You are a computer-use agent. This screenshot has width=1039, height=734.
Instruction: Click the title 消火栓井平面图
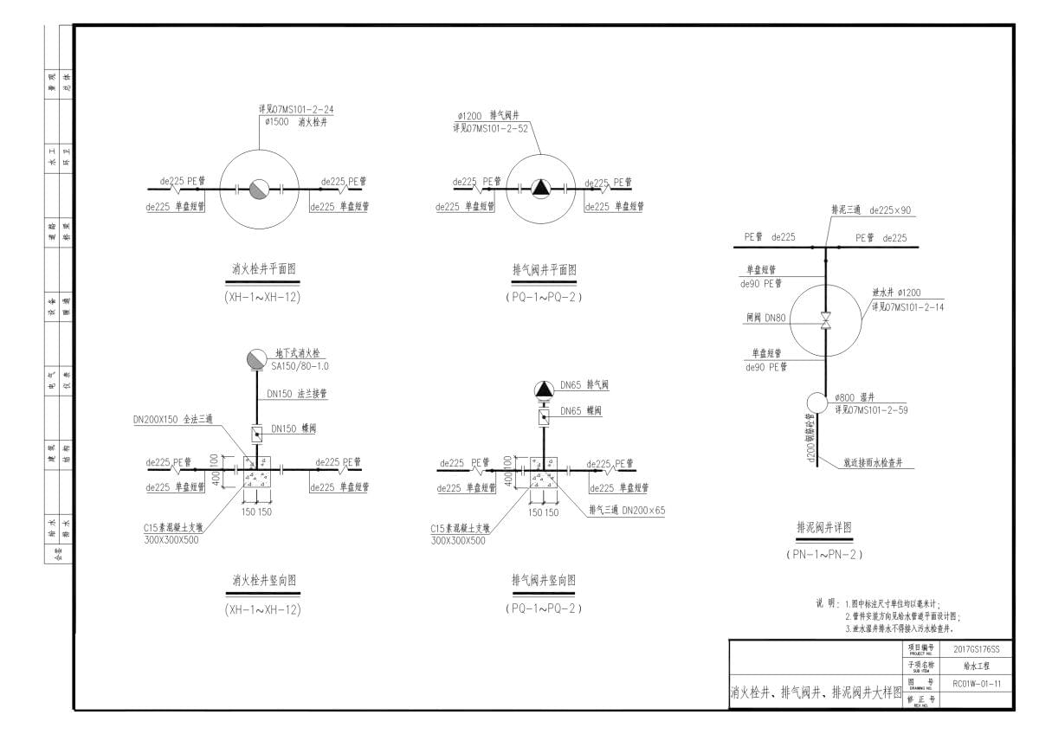264,269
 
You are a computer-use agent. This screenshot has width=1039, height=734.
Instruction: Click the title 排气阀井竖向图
544,580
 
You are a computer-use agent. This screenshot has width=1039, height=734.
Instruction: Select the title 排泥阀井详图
824,527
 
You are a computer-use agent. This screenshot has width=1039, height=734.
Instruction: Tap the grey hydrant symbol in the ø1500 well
259,190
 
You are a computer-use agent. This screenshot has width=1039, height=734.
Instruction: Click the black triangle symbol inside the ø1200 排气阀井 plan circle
541,187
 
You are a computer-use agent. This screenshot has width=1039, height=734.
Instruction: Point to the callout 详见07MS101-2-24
296,110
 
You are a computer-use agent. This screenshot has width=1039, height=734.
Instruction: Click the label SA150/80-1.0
300,366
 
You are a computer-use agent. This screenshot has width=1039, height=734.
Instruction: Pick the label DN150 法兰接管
297,394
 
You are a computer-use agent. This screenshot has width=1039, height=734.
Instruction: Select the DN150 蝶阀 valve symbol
257,432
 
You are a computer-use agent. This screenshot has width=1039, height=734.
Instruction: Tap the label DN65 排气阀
584,384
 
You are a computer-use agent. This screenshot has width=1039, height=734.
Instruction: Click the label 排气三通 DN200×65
626,510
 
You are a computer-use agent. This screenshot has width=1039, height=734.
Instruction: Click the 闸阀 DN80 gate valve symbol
826,320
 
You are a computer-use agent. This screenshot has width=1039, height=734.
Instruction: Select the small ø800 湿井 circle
817,402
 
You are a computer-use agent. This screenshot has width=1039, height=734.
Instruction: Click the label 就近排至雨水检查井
874,464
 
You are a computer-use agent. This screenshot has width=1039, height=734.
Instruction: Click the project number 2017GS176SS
976,649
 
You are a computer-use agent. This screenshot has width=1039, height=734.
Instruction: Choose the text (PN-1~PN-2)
824,554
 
